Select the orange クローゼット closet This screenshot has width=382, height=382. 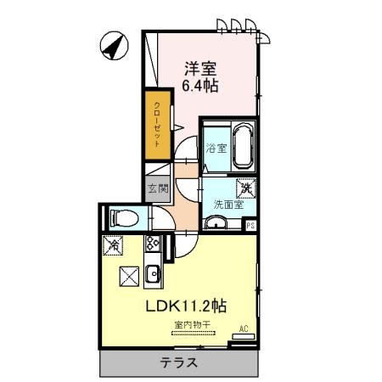[x=157, y=125]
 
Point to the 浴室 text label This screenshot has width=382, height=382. [x=215, y=148]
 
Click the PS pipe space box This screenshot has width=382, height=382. [x=250, y=225]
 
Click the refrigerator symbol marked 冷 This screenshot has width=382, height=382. [x=113, y=244]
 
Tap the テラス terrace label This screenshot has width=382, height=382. [x=180, y=362]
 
